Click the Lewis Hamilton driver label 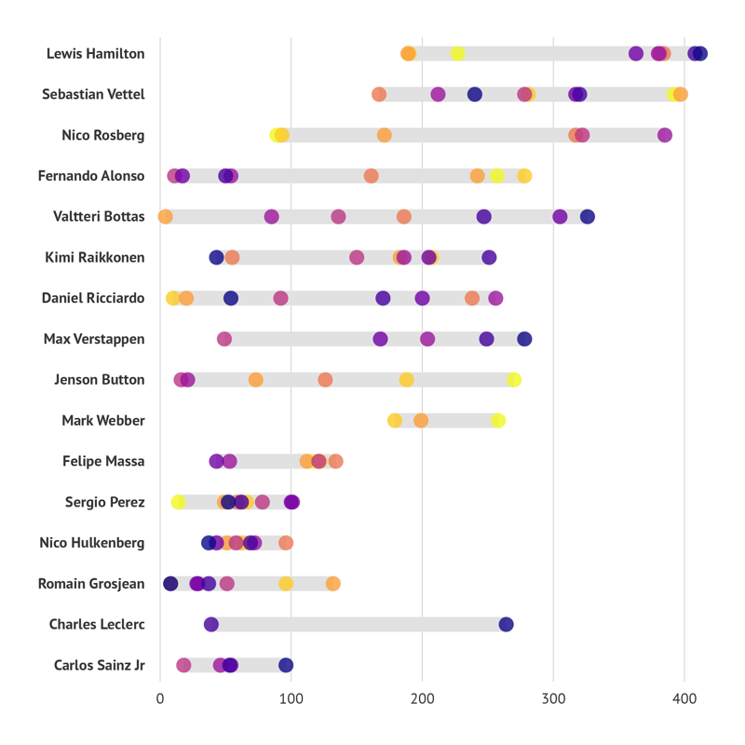(x=95, y=54)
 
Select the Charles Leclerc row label (x=97, y=625)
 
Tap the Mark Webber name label (x=102, y=421)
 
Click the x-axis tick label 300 (x=553, y=698)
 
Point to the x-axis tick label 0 (x=160, y=698)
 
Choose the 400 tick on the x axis (x=684, y=698)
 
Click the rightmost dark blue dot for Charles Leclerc (x=506, y=625)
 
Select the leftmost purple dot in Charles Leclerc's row (x=211, y=625)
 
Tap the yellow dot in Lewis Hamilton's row (x=457, y=54)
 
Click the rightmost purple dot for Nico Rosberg (x=664, y=135)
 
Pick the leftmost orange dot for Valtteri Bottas (x=165, y=217)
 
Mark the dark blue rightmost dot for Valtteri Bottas (x=587, y=217)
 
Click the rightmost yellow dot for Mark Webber (x=498, y=421)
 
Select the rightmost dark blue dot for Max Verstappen (x=524, y=339)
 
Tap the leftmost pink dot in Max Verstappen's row (x=224, y=339)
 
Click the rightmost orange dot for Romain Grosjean (x=332, y=584)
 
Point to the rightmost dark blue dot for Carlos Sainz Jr (x=286, y=665)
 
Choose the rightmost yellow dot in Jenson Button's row (x=513, y=380)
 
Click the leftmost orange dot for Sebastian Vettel (x=379, y=94)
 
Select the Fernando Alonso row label (x=91, y=176)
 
